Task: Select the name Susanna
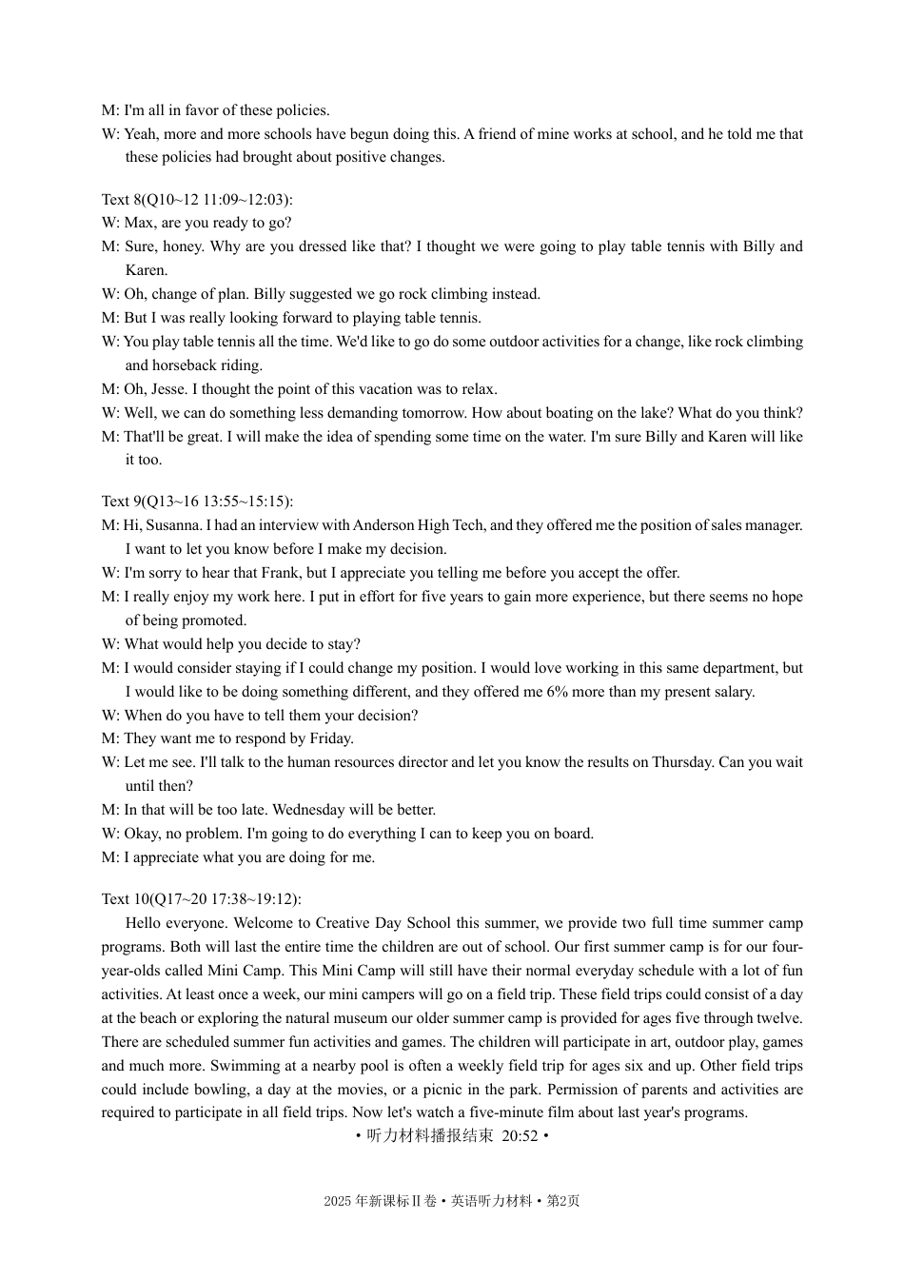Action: (x=177, y=525)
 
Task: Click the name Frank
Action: (x=280, y=573)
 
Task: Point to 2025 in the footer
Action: (x=337, y=1201)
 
